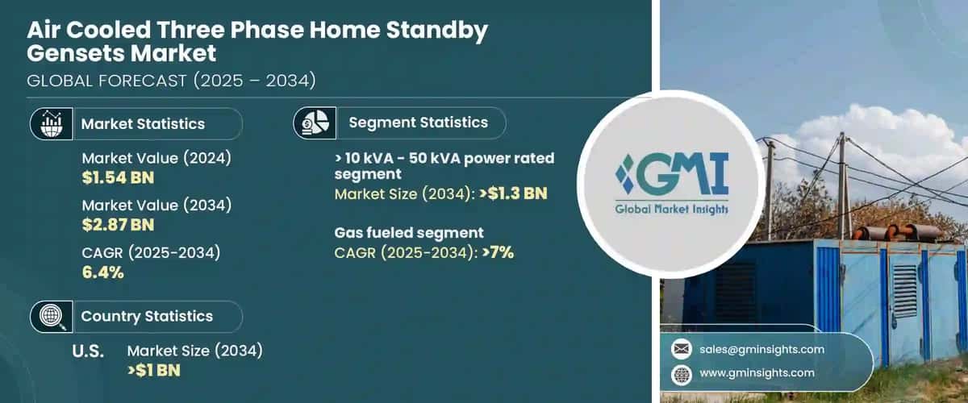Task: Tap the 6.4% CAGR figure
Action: [102, 272]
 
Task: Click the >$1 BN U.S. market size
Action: [154, 370]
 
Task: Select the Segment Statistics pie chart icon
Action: [315, 123]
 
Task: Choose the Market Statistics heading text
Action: [143, 124]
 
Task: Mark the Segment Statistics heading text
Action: [418, 123]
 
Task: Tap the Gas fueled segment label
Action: [409, 233]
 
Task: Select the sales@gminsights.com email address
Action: [761, 349]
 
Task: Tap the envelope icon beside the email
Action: [682, 349]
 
